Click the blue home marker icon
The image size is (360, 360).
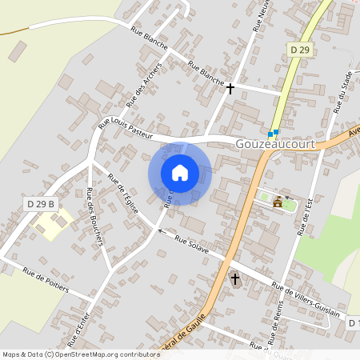180,173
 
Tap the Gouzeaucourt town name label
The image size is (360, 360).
276,143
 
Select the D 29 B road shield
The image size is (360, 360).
39,205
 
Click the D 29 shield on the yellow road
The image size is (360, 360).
298,50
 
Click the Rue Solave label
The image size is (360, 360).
192,246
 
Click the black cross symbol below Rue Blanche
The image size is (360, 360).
230,88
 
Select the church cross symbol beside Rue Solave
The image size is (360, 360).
235,279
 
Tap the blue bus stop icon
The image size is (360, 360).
273,134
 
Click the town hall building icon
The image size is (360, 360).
278,202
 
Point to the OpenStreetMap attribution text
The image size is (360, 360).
81,354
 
